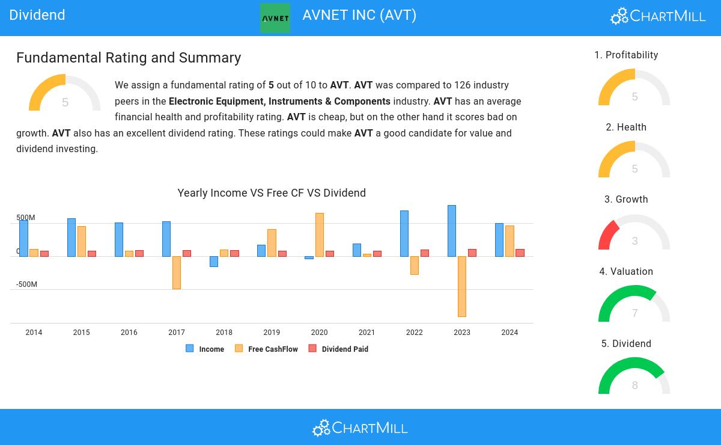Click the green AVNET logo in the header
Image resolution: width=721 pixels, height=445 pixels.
[275, 17]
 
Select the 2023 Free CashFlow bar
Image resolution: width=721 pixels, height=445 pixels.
[461, 286]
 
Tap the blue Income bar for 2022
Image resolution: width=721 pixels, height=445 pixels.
[404, 233]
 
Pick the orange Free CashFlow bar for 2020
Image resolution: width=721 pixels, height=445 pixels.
[320, 235]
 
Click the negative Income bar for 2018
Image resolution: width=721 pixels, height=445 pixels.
[214, 261]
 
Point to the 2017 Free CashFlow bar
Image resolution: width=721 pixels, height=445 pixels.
[177, 272]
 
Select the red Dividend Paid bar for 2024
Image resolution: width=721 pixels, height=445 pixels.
[520, 253]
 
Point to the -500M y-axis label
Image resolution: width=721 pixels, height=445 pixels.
[26, 284]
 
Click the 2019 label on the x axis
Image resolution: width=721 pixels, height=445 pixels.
[272, 333]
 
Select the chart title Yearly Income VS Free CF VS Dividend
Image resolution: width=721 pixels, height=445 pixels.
[272, 193]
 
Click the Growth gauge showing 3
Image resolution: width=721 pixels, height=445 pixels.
[634, 233]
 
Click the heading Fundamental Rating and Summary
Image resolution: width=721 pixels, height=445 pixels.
[129, 58]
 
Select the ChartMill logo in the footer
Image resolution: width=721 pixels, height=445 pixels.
[360, 428]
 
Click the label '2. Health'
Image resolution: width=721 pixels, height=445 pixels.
[626, 127]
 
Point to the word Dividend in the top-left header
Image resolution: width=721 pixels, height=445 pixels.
[37, 15]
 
